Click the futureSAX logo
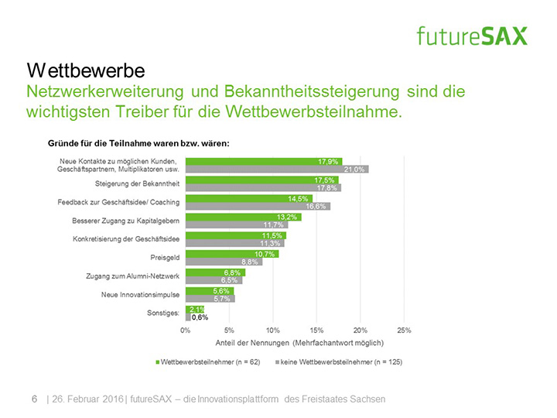point(471,35)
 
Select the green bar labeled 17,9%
point(263,160)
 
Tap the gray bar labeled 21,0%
point(276,169)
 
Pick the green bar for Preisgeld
point(232,253)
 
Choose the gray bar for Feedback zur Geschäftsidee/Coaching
point(258,206)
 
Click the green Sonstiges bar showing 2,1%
point(194,309)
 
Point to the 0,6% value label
point(200,317)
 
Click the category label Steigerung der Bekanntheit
point(137,183)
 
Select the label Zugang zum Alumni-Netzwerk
point(132,276)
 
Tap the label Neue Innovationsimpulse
point(140,295)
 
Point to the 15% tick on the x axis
point(316,330)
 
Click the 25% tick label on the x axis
point(404,330)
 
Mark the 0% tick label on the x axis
point(186,330)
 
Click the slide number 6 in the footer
point(33,399)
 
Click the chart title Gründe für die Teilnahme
point(139,143)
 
